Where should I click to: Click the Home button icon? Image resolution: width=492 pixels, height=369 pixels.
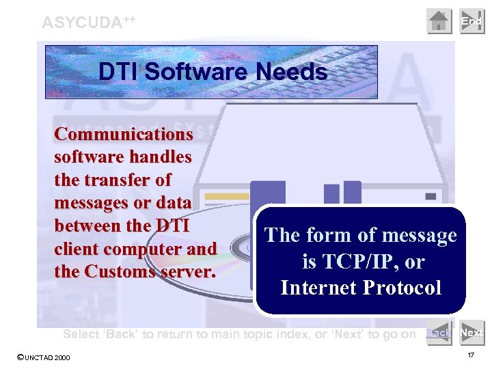(x=439, y=21)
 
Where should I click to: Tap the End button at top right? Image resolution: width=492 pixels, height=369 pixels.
(x=471, y=21)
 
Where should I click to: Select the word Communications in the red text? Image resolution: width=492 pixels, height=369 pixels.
(x=124, y=133)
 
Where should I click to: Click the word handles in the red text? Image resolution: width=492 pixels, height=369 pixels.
(x=161, y=156)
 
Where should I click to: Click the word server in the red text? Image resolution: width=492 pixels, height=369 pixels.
(x=188, y=271)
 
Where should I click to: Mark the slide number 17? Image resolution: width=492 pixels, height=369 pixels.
(x=471, y=356)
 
